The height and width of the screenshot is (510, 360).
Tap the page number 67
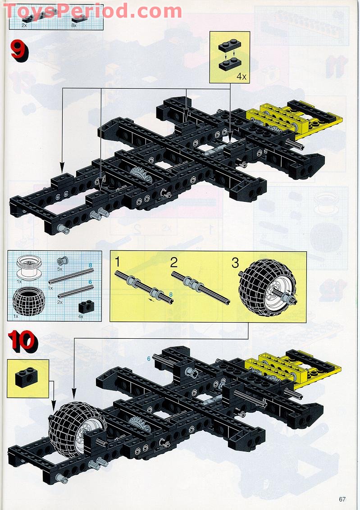coord(342,499)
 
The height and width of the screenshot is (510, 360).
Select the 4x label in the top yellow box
coord(242,77)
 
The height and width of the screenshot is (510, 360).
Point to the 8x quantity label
coord(74,26)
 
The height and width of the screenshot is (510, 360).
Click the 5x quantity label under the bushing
coord(59,269)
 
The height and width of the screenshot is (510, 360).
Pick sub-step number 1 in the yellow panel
coord(118,263)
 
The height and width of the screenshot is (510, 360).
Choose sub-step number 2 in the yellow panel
coord(174,263)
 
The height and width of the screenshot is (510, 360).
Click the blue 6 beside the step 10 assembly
coord(148,359)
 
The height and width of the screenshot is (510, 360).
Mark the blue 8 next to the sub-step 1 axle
coord(171,295)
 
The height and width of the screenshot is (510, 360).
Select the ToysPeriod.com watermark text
coord(92,11)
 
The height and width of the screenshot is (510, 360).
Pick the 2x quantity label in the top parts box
coord(24,26)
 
